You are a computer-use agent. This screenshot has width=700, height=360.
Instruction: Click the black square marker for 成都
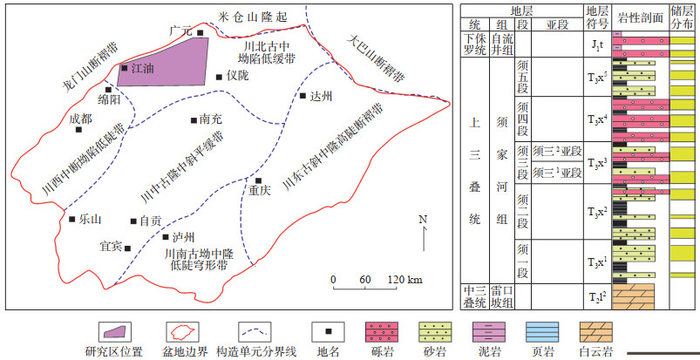pos(79,131)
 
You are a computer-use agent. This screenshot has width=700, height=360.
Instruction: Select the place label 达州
pos(322,98)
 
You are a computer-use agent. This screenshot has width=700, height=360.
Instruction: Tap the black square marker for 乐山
pos(72,220)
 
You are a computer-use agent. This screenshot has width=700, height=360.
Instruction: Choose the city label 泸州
pos(182,237)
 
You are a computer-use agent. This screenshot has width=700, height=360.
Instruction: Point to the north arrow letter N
pos(423,218)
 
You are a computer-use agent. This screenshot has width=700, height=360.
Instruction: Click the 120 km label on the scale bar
pos(404,279)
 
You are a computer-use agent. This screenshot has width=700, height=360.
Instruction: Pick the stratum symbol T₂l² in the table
pos(597,296)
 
